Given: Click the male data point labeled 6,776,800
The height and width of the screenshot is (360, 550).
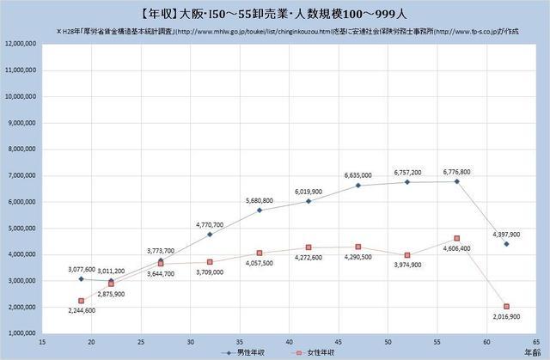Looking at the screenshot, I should click(x=456, y=181).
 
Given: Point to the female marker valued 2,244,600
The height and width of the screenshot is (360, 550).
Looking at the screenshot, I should click(x=81, y=301).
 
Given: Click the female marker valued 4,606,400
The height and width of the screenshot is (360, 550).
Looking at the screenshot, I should click(x=456, y=238).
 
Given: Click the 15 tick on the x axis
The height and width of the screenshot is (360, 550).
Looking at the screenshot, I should click(x=42, y=341).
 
